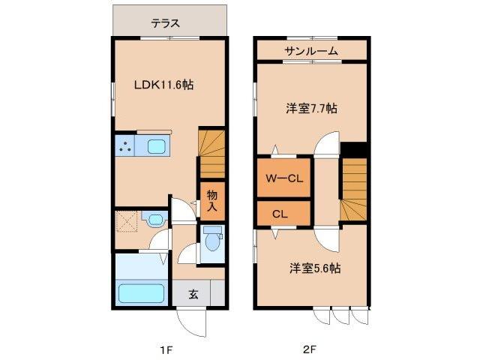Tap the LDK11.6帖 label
point(163,85)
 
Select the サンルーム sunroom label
point(310,50)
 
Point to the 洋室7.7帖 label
point(310,108)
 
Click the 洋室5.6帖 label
point(314,268)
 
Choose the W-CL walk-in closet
point(283,178)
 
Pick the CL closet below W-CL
point(280,214)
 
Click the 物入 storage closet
point(212,200)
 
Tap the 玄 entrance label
point(193,294)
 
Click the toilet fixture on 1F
point(212,243)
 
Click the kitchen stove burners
point(124,146)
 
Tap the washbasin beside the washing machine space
point(154,220)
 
